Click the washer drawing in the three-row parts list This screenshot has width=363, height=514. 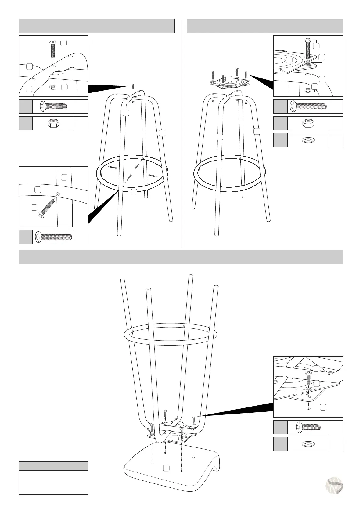pyautogui.click(x=308, y=140)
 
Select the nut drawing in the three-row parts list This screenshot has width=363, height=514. pyautogui.click(x=308, y=123)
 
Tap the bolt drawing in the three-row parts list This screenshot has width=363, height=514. pyautogui.click(x=308, y=106)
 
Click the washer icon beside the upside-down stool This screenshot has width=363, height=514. pyautogui.click(x=308, y=444)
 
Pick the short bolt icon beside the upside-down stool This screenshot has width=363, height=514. pyautogui.click(x=308, y=427)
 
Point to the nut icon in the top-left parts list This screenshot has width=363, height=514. pyautogui.click(x=53, y=123)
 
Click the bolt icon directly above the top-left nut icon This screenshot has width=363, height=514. pyautogui.click(x=53, y=107)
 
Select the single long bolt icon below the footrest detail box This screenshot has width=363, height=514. pyautogui.click(x=53, y=237)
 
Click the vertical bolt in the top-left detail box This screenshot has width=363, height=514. pyautogui.click(x=52, y=49)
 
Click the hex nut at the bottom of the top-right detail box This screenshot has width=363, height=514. pyautogui.click(x=308, y=90)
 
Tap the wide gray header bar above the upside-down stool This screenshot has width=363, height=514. pyautogui.click(x=181, y=257)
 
